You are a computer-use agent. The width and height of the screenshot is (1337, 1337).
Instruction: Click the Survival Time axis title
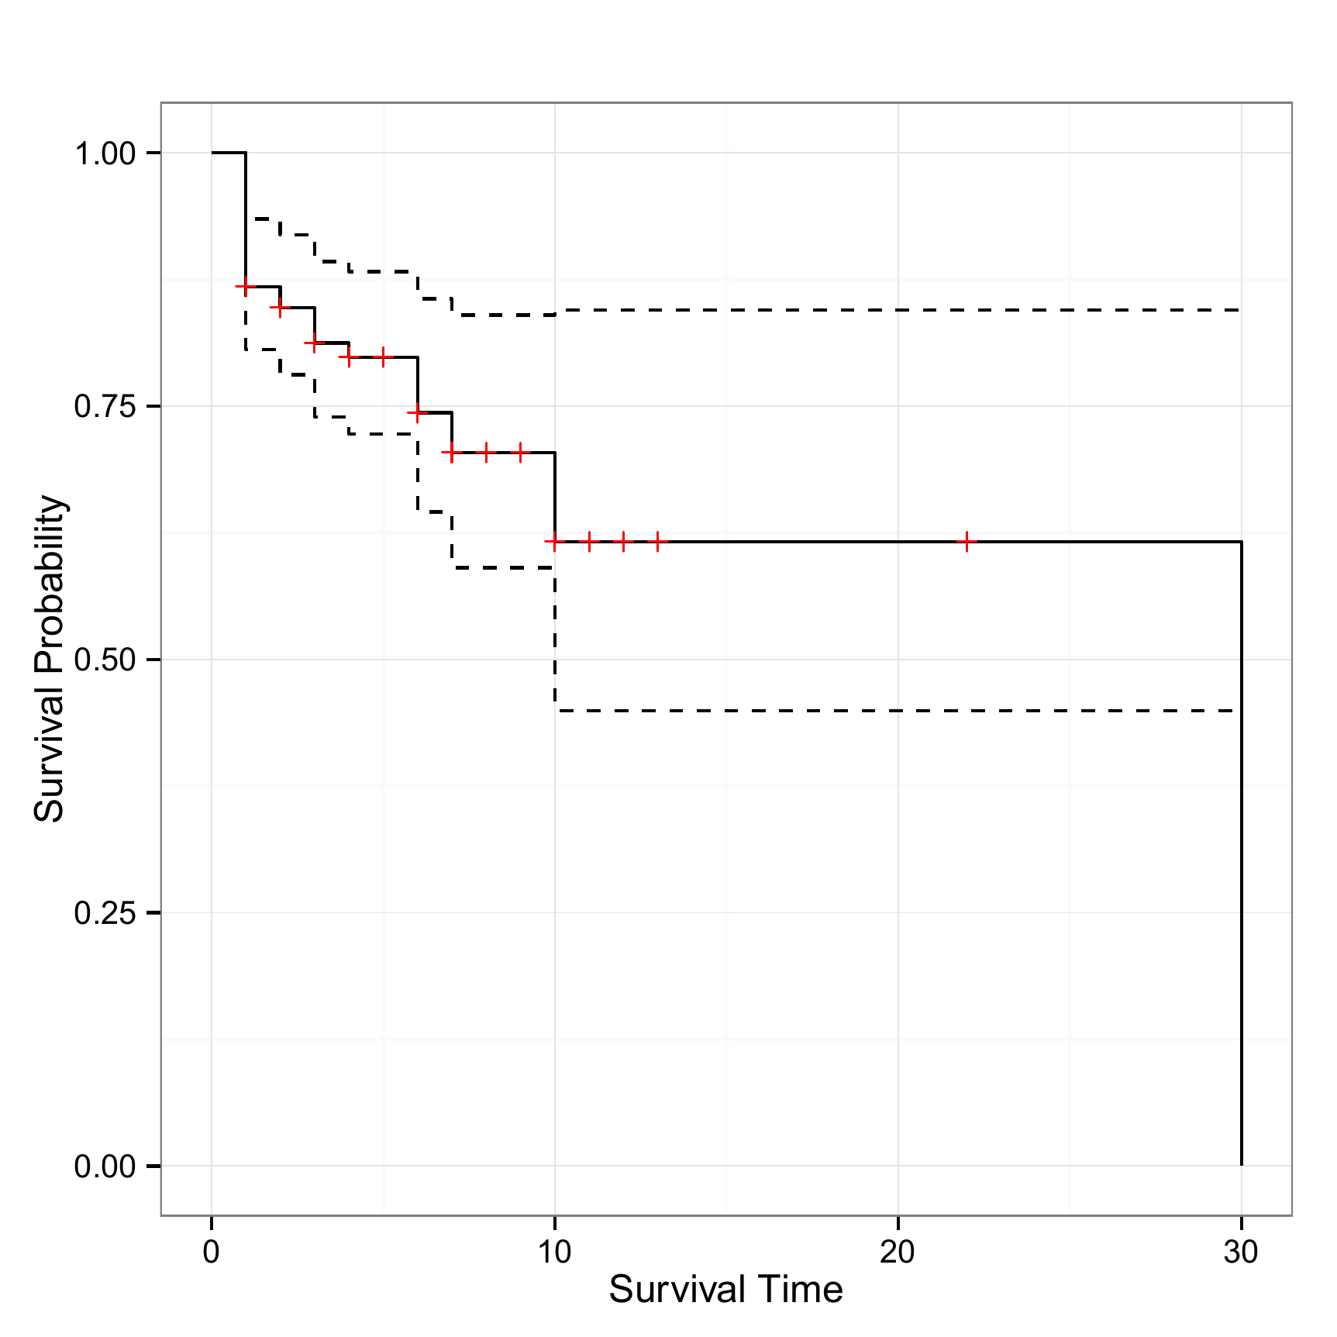(x=725, y=1290)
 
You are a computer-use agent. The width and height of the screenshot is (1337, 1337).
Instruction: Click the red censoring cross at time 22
(x=967, y=541)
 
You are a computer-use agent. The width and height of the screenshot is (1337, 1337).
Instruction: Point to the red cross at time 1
(x=246, y=287)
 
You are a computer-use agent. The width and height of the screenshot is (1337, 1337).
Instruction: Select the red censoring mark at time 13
(x=657, y=541)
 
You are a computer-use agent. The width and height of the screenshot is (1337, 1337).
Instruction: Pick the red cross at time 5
(x=383, y=357)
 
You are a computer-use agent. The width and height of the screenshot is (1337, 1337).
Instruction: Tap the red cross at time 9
(x=520, y=452)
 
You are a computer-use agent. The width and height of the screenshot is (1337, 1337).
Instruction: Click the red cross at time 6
(x=418, y=413)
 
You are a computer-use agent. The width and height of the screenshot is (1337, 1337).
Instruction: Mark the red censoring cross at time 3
(x=314, y=343)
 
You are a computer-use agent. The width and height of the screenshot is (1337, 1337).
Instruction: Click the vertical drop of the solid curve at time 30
(x=1242, y=853)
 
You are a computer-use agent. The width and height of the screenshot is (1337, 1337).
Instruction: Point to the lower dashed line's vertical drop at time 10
(x=555, y=639)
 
